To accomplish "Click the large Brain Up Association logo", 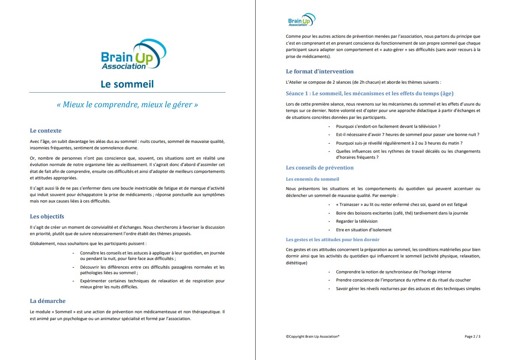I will click(130, 54).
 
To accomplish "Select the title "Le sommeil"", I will click(127, 84).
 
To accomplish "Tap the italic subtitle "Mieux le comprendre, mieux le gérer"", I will click(127, 104).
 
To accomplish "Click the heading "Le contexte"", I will click(45, 130).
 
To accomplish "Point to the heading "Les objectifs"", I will click(47, 216).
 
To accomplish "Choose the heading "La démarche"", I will click(48, 301).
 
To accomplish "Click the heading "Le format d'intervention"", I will click(320, 71).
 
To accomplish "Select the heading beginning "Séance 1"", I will click(369, 94).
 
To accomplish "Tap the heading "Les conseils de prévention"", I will click(320, 168).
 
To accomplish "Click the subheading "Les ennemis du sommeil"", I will click(312, 179).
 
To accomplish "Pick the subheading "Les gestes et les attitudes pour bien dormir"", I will click(332, 239).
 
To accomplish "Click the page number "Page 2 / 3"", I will click(472, 337).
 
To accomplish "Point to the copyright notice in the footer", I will click(312, 337).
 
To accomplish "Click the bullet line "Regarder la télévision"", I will click(356, 221).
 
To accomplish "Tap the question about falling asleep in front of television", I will click(388, 127).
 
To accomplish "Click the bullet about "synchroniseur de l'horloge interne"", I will click(393, 272).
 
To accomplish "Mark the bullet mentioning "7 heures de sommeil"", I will click(407, 135).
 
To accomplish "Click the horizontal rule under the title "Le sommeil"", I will click(127, 92).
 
